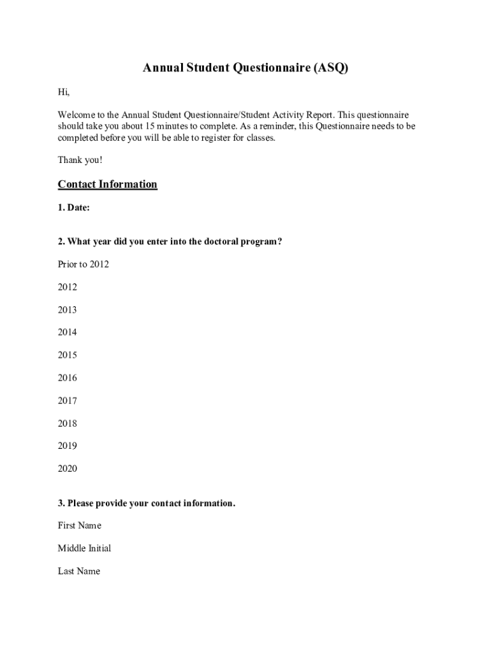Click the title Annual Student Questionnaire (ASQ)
[x=246, y=68]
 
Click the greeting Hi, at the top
[x=64, y=92]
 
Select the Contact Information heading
[x=107, y=185]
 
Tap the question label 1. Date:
[x=74, y=208]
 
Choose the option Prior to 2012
[x=84, y=264]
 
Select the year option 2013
[x=68, y=310]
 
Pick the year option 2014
[x=68, y=332]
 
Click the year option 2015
[x=68, y=355]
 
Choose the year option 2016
[x=68, y=378]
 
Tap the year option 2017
[x=68, y=401]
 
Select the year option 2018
[x=68, y=423]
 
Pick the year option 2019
[x=68, y=446]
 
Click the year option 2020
[x=68, y=469]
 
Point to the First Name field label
[x=80, y=526]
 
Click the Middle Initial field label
[x=84, y=548]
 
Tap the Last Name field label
[x=79, y=571]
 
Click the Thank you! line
[x=80, y=160]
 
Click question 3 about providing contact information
[x=147, y=504]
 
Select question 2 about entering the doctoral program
[x=170, y=242]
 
